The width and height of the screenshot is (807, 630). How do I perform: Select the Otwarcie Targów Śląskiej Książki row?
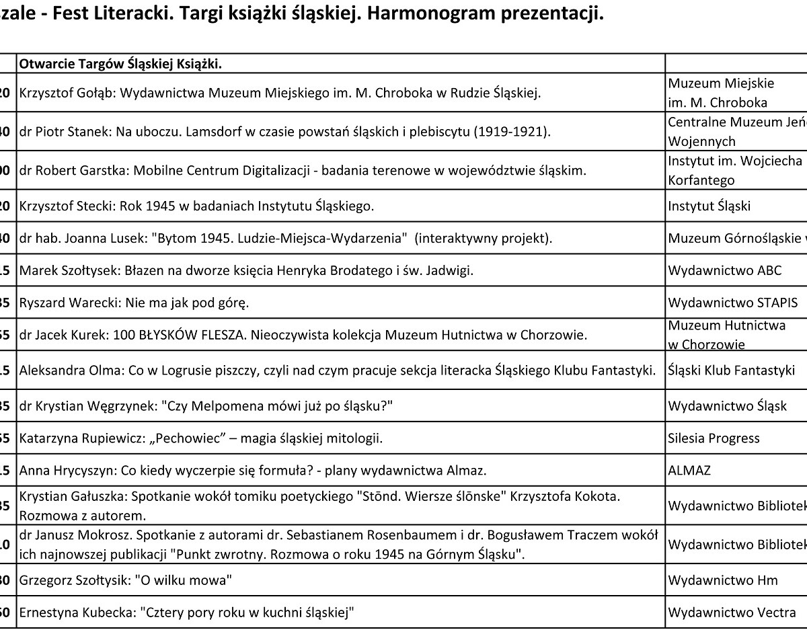coord(121,64)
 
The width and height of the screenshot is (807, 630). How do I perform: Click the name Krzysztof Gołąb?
coord(68,93)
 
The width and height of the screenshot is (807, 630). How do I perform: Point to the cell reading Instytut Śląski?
coord(709,206)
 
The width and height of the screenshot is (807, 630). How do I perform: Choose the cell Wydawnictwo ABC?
coord(724,271)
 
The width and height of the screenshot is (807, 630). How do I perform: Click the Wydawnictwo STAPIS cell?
coord(732,303)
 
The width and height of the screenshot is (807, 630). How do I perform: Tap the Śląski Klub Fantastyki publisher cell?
coord(731,370)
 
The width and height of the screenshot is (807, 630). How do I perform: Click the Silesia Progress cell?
coord(714,438)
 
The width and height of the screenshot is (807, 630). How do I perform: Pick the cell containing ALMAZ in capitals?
coord(690,470)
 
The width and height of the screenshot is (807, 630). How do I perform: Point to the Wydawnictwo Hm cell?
coord(722,580)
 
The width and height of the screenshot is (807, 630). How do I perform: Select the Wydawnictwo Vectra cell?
coord(732,613)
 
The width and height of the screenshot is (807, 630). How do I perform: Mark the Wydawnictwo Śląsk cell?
coord(727,406)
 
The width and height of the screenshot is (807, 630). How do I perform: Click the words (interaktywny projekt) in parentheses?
coord(484,239)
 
